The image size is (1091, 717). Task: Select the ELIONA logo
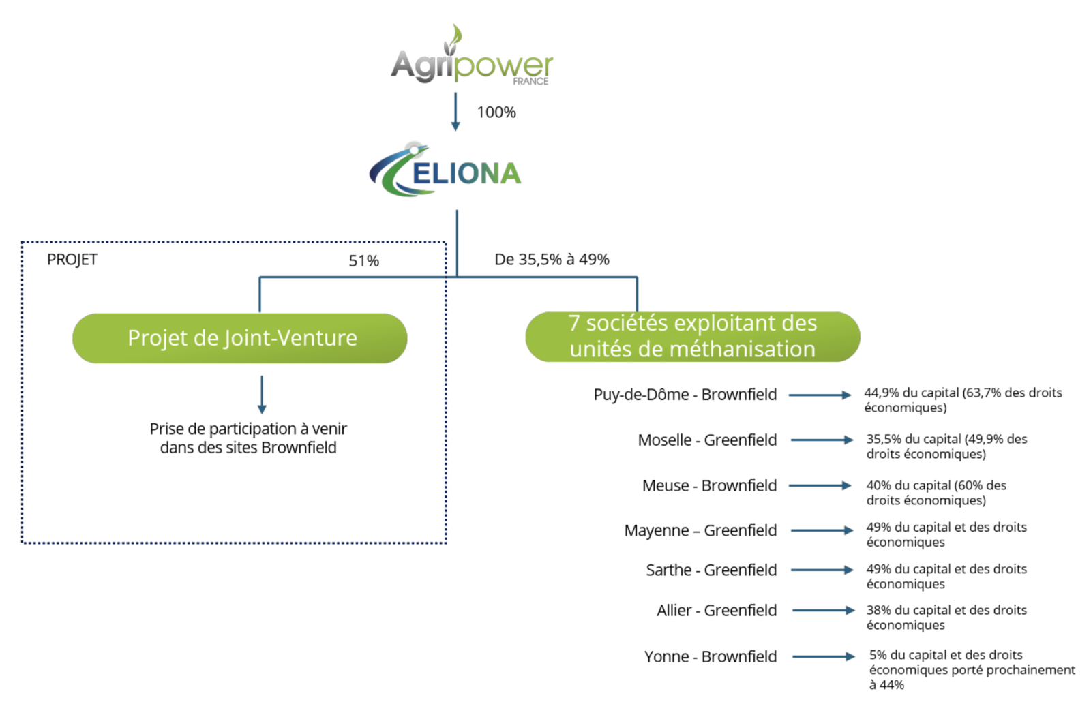[445, 170]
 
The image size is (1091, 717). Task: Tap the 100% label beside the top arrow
[496, 112]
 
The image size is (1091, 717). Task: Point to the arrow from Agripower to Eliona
[455, 112]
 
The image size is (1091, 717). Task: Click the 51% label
[364, 261]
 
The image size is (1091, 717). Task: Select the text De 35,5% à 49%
[552, 260]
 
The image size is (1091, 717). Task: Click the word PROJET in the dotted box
[72, 260]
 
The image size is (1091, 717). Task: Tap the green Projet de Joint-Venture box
[239, 338]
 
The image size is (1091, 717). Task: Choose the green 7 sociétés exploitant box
[693, 337]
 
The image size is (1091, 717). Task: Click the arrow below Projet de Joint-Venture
[262, 395]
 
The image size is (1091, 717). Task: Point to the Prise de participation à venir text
[248, 438]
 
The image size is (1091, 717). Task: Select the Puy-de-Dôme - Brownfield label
[685, 394]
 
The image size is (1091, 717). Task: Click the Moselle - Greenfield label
[707, 440]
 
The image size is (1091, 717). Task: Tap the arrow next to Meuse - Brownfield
[820, 485]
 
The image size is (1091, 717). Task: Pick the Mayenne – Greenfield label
[700, 530]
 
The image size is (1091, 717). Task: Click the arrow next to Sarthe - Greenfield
[822, 570]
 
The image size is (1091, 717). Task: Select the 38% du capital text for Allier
[946, 617]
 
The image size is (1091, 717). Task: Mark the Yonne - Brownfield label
[711, 656]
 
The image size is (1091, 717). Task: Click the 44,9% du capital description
[963, 400]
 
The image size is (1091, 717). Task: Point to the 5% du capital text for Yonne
[972, 670]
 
